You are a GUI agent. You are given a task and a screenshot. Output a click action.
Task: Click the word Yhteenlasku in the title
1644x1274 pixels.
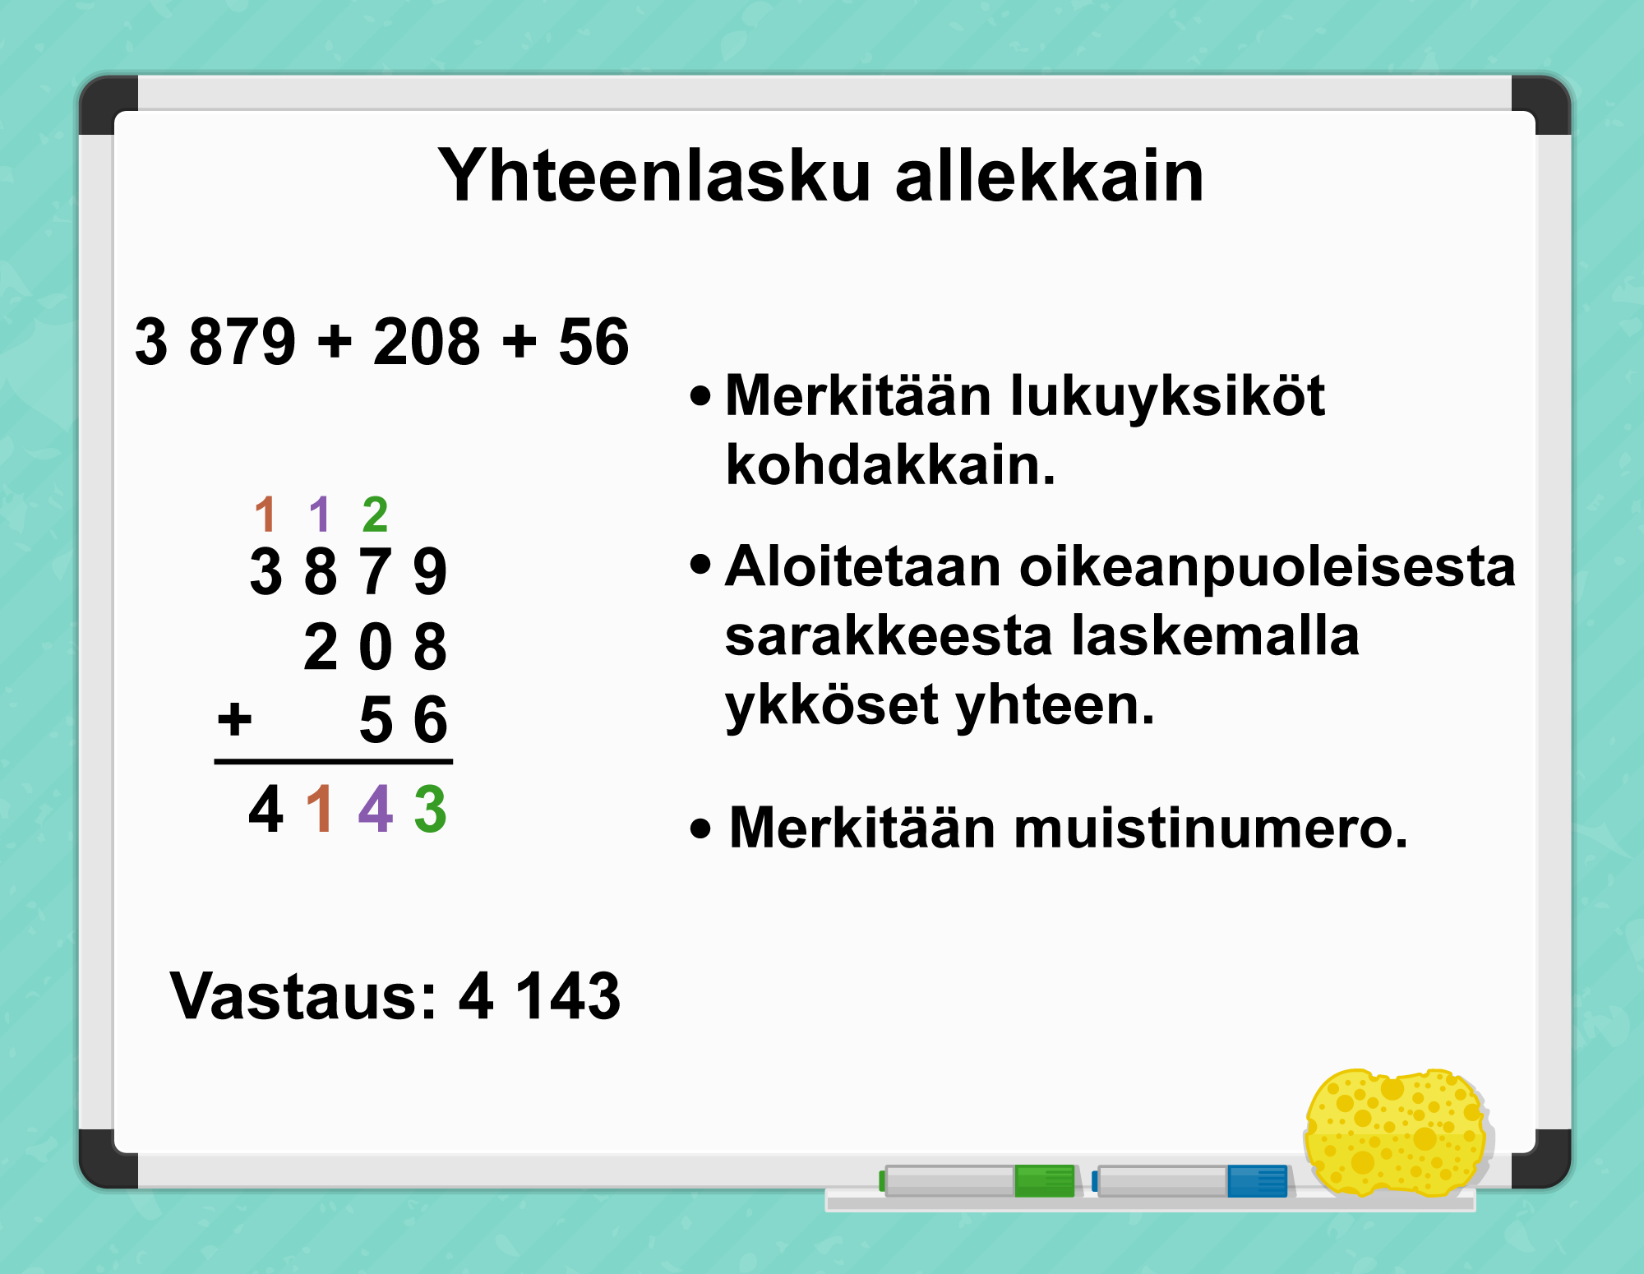654,175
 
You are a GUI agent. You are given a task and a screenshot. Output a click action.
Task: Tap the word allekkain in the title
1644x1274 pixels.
1050,175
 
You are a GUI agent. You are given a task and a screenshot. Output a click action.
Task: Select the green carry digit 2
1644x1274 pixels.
375,515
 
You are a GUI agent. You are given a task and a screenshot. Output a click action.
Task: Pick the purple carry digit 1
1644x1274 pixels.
320,515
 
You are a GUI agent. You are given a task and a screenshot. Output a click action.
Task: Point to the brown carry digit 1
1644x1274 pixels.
265,515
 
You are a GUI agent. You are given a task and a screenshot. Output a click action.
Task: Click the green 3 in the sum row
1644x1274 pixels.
430,810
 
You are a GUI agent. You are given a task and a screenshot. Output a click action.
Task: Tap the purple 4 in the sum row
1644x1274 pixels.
376,810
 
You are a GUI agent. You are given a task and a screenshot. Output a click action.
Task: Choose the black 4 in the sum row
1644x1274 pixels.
266,810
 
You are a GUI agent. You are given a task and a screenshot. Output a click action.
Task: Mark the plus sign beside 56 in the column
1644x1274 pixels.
234,720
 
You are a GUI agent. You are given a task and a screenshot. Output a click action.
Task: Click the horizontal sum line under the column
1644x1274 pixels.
334,762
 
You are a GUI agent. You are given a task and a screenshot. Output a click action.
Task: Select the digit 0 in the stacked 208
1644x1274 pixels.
376,647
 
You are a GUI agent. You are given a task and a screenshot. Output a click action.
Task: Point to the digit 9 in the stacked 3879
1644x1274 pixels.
430,572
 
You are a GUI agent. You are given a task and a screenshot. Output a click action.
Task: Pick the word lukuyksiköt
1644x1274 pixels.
1167,397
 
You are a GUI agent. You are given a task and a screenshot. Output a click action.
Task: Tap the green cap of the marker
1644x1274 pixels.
1045,1181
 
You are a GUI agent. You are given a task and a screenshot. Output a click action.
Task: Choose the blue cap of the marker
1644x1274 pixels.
1258,1181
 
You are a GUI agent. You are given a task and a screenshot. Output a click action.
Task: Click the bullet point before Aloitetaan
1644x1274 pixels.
700,564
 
